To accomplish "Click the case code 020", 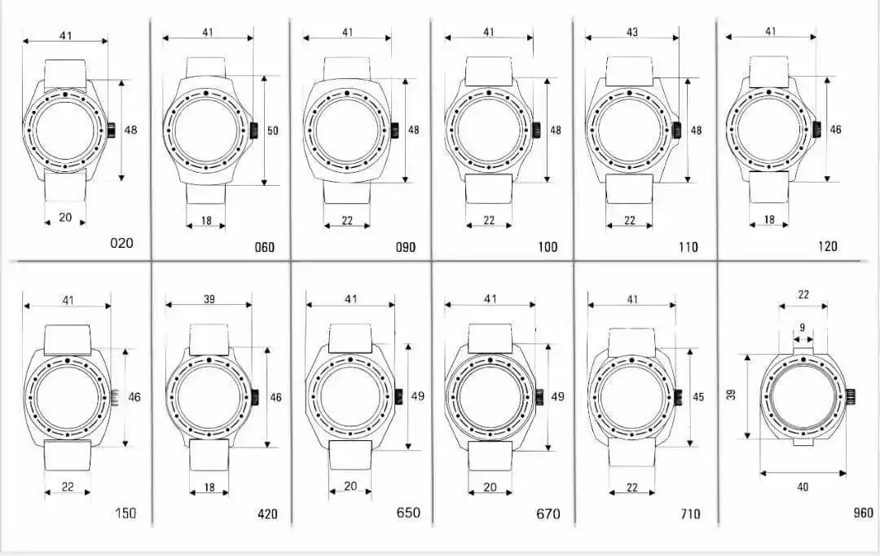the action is coord(121,243).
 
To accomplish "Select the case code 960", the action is coord(863,513).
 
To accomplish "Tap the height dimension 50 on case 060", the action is coord(272,131).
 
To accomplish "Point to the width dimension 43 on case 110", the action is coord(632,32).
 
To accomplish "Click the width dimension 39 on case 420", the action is coord(209,298).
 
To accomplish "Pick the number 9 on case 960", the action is coord(803,328).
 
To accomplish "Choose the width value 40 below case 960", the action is coord(803,487).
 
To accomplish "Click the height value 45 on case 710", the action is coord(697,397).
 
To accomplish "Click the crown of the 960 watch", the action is coord(850,397).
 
